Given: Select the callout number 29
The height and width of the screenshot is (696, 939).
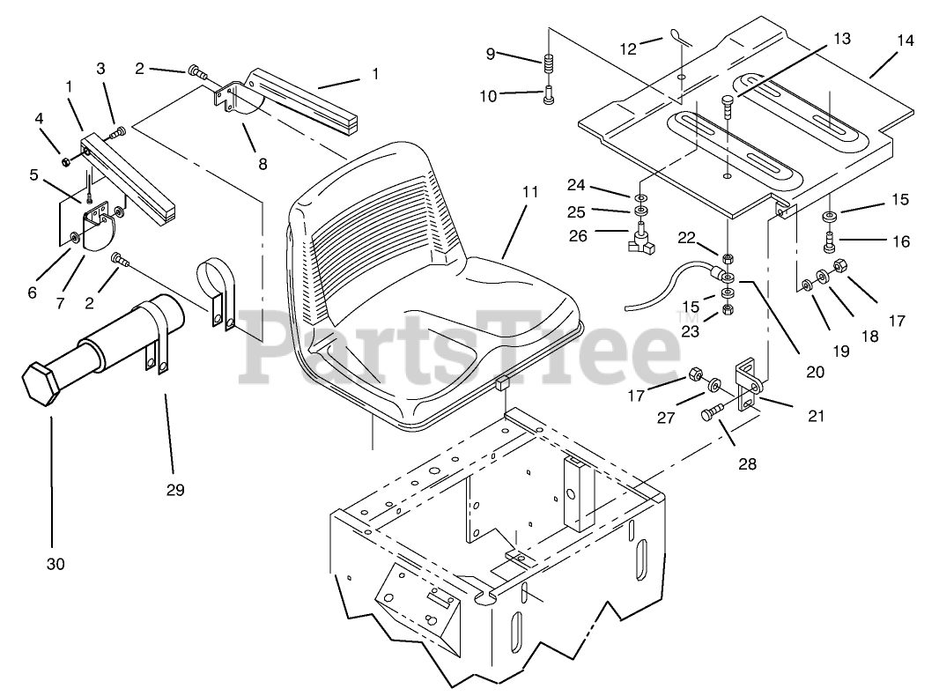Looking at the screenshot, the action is point(175,490).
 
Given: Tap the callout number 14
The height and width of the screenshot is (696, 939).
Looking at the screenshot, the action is point(905,41).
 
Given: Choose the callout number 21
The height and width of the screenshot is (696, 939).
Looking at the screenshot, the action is point(817,416).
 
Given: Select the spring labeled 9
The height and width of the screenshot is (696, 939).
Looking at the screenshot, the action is point(548,66).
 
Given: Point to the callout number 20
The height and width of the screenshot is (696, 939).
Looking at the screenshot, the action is point(815,372).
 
